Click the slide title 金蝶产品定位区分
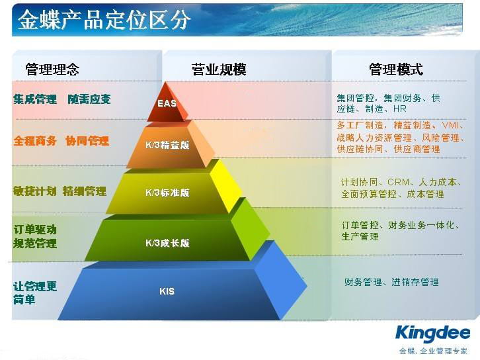pyautogui.click(x=103, y=21)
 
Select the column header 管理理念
pyautogui.click(x=52, y=69)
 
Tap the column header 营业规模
pyautogui.click(x=219, y=69)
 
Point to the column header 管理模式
pyautogui.click(x=396, y=69)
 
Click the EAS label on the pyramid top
pyautogui.click(x=167, y=103)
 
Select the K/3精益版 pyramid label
pyautogui.click(x=167, y=145)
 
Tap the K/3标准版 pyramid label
pyautogui.click(x=167, y=193)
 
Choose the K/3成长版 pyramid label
pyautogui.click(x=167, y=243)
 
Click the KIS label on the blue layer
pyautogui.click(x=167, y=291)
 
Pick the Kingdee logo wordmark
pyautogui.click(x=432, y=334)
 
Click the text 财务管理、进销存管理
pyautogui.click(x=391, y=282)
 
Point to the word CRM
pyautogui.click(x=398, y=182)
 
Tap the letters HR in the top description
pyautogui.click(x=400, y=109)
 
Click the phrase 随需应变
pyautogui.click(x=89, y=99)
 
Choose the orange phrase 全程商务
pyautogui.click(x=35, y=141)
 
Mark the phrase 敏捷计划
pyautogui.click(x=35, y=191)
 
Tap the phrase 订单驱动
pyautogui.click(x=35, y=230)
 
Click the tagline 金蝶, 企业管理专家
pyautogui.click(x=433, y=351)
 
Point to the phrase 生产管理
pyautogui.click(x=360, y=236)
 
